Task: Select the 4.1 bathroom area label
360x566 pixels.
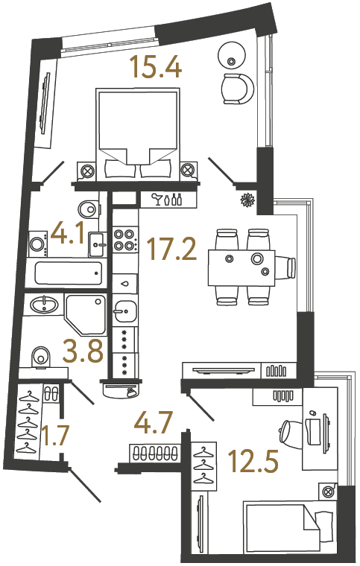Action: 68,236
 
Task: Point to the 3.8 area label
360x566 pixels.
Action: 82,351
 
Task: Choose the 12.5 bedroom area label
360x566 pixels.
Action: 256,462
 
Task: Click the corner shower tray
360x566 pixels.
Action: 85,313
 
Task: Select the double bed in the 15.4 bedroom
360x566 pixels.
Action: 139,134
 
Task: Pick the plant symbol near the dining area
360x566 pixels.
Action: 247,200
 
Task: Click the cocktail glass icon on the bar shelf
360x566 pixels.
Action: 157,199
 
